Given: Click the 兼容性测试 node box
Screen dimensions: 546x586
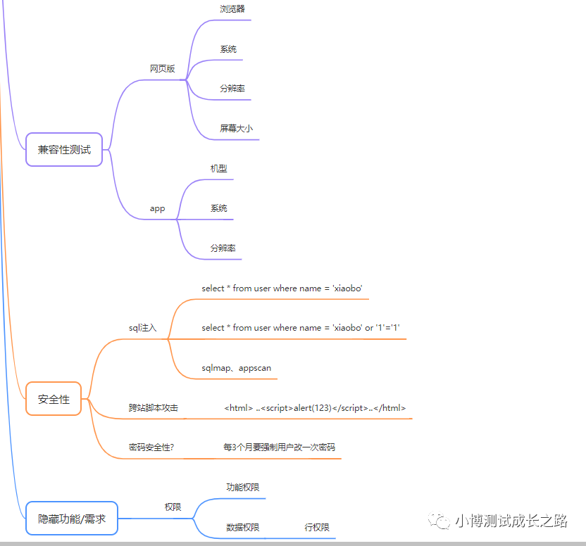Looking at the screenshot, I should point(64,150).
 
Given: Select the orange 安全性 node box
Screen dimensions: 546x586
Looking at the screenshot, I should point(54,399).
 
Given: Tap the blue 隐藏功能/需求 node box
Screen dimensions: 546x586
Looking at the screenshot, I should point(71,519).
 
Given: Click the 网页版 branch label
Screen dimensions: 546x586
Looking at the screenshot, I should point(162,69).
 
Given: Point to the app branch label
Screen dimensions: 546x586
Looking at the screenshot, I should point(157,208).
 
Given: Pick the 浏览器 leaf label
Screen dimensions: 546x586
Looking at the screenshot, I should point(232,9).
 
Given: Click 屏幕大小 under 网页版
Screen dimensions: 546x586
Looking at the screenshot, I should point(236,129).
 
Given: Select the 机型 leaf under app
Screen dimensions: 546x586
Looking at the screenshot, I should point(218,169).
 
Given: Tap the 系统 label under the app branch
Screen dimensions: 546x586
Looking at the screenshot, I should point(218,208).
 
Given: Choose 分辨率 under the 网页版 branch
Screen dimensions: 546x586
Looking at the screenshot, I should point(232,89).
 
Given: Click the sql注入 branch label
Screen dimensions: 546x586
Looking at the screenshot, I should point(142,328).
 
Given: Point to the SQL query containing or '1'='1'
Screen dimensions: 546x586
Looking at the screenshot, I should point(301,328).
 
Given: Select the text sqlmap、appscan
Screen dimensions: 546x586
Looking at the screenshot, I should point(236,368).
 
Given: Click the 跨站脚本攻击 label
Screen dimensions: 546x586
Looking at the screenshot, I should point(153,408).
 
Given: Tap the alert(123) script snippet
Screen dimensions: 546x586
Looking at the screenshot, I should point(315,408).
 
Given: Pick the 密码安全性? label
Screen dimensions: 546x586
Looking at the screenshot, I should point(151,447).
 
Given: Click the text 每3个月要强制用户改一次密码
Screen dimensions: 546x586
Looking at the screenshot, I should point(279,447).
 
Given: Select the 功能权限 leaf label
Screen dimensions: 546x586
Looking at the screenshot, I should point(243,488).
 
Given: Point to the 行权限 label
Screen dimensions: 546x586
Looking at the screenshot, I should point(316,528).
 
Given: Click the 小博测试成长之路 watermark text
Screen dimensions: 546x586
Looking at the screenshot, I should point(511,521).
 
